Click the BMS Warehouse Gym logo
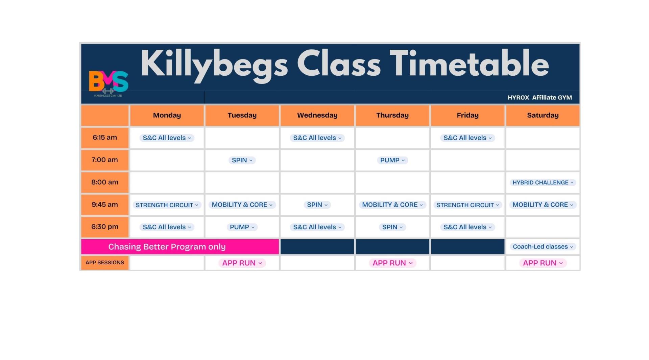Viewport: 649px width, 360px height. tap(109, 83)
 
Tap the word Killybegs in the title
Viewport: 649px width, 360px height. tap(214, 65)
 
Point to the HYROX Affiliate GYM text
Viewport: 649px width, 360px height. tap(539, 98)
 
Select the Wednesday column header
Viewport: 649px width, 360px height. tap(317, 115)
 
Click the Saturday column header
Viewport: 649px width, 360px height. tap(543, 115)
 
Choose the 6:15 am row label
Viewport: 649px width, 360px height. tap(105, 138)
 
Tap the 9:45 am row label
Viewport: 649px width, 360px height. tap(105, 205)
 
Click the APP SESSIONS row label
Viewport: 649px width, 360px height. tap(105, 263)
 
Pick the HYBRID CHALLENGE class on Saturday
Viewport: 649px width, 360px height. tap(543, 183)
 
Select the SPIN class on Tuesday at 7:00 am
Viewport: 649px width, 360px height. tap(242, 160)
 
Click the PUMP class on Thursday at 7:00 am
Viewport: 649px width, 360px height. tap(392, 160)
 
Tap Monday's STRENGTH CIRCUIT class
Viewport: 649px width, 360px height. tap(167, 205)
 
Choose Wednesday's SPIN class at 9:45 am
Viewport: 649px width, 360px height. tap(317, 205)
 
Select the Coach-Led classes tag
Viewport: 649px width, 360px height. tap(543, 247)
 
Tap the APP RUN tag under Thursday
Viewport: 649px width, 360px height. tap(392, 263)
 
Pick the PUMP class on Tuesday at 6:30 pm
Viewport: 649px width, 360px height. tap(242, 227)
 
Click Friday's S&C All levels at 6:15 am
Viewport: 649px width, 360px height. tap(467, 138)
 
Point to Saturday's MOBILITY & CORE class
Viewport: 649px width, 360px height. tap(543, 205)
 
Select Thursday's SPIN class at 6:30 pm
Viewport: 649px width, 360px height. tap(392, 227)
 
